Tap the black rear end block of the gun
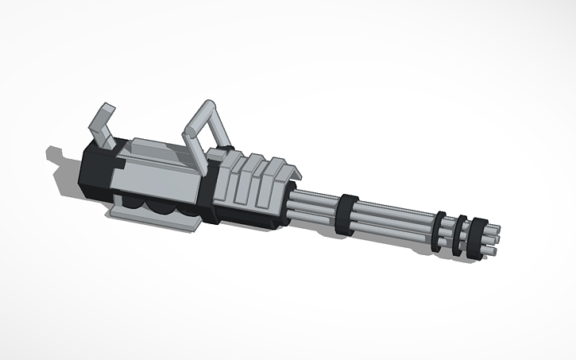(x=94, y=171)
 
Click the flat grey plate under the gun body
(x=155, y=220)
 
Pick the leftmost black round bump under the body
(x=132, y=204)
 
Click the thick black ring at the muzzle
(x=476, y=238)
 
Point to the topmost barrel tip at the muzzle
(x=494, y=229)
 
